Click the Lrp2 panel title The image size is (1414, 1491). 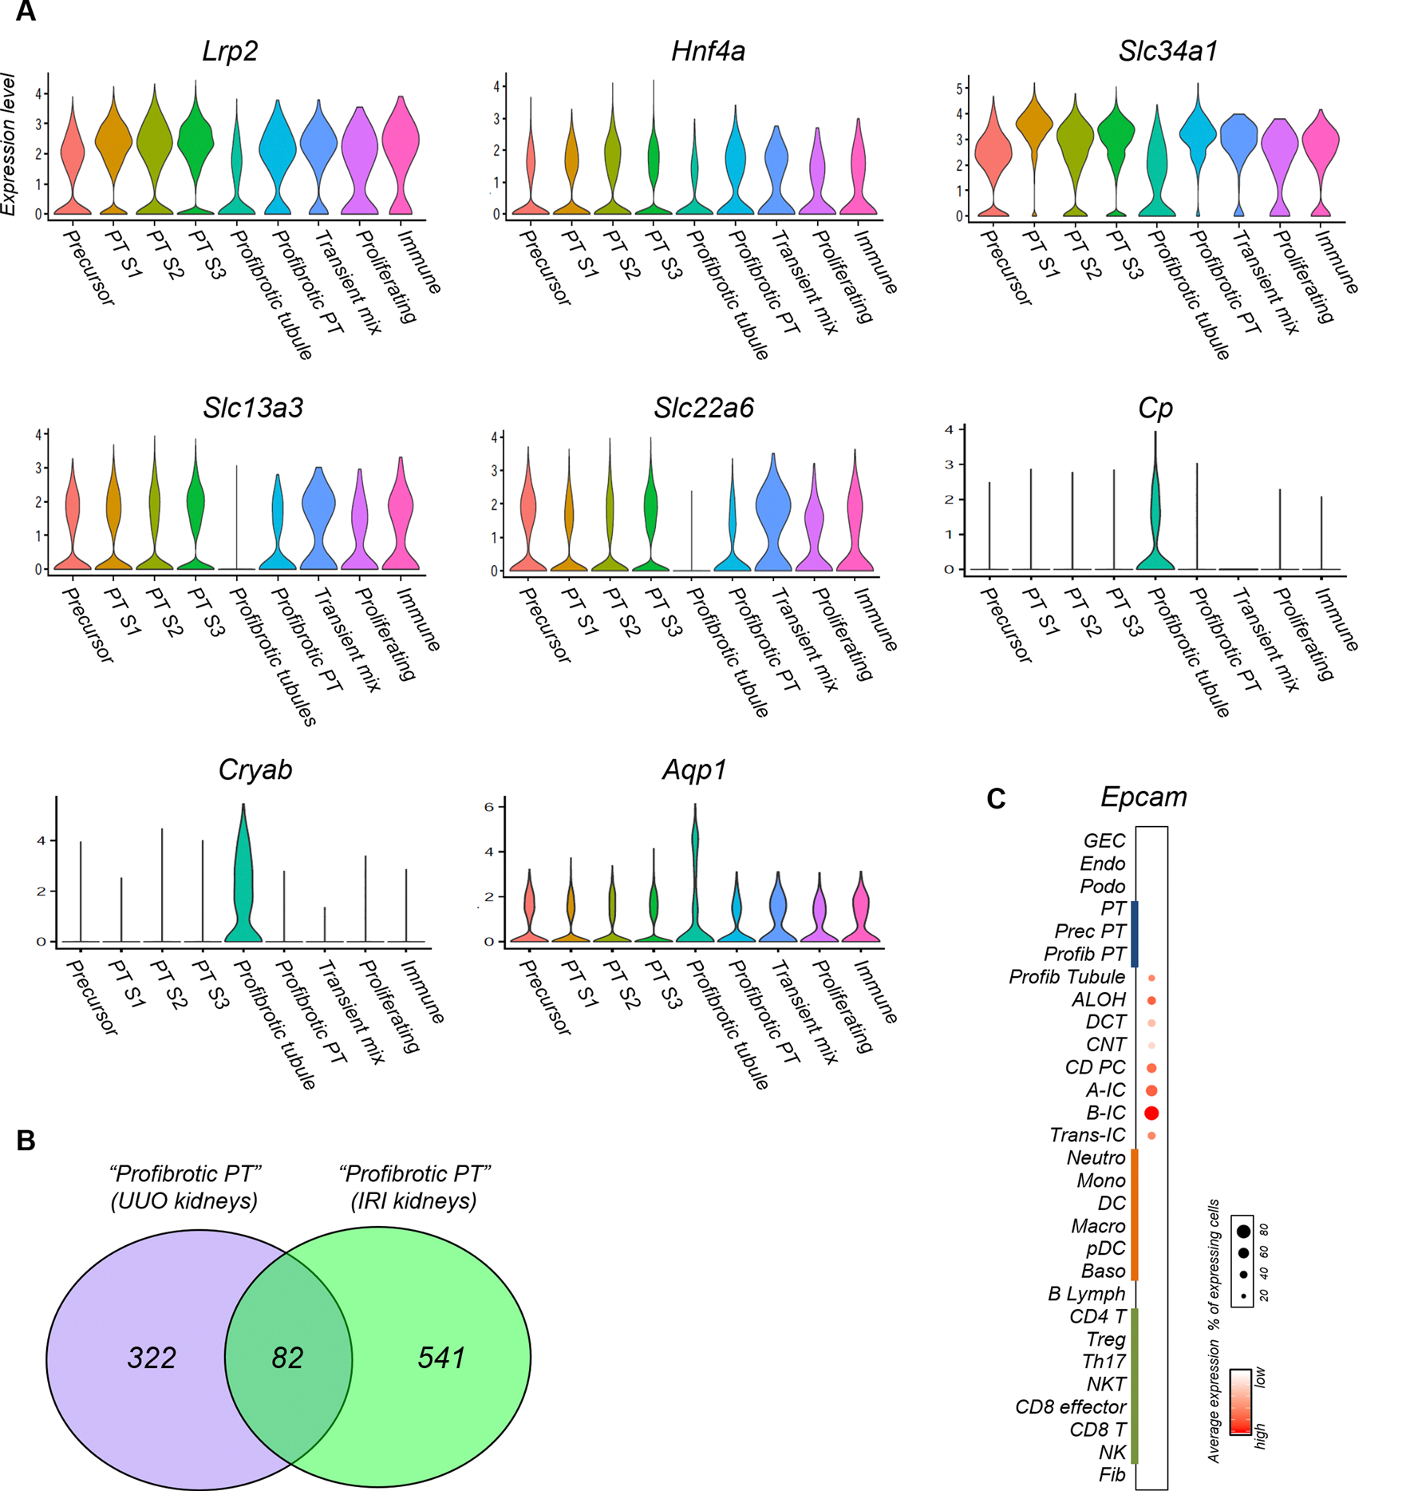230,51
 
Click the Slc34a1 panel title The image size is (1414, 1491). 1167,51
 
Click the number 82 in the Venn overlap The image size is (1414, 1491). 287,1357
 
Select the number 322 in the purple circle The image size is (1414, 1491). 152,1357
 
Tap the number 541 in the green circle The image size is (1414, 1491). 441,1357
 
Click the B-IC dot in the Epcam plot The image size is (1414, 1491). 1151,1113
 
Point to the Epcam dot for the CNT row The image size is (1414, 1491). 1151,1045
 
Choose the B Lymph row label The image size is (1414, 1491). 1086,1294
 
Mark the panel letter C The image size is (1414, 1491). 995,799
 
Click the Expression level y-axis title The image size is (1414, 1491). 9,144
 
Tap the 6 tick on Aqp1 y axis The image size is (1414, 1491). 478,807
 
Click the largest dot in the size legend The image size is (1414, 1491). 1243,1232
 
